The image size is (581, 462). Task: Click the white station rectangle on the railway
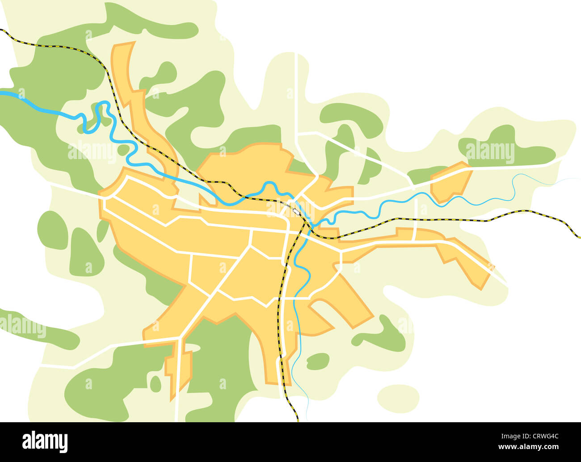point(296,211)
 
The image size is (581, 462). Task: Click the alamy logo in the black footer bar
point(45,441)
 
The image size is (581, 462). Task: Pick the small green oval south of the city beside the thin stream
point(318,361)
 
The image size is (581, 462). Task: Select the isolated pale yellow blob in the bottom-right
point(398,397)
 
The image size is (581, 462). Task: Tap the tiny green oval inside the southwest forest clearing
point(155,384)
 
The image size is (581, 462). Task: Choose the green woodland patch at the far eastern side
point(505,147)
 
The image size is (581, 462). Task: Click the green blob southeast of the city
point(380,335)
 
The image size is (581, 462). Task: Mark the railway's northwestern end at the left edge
point(2,30)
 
